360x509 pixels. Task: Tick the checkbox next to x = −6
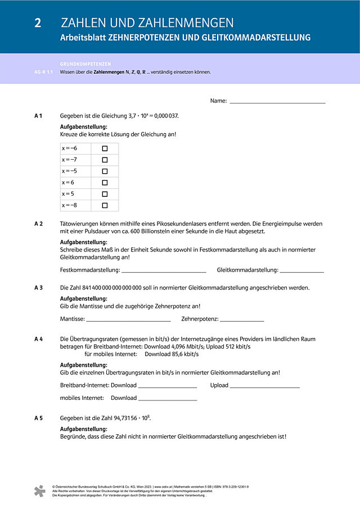click(x=105, y=148)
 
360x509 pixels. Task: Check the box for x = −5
click(x=105, y=172)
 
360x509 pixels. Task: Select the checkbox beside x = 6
click(x=105, y=183)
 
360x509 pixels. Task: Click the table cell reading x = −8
click(x=75, y=205)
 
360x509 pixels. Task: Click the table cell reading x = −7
click(x=75, y=160)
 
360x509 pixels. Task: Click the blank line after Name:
click(x=277, y=102)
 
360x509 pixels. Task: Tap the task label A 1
click(x=38, y=116)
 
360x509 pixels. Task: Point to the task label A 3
click(x=38, y=287)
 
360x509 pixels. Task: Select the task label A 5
click(x=38, y=418)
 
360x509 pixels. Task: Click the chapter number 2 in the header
click(x=37, y=23)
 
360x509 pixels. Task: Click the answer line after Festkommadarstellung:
click(x=164, y=271)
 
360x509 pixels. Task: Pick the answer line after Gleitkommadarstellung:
click(x=301, y=271)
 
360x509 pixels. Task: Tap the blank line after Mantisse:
click(x=129, y=320)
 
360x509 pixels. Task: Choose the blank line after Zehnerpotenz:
click(x=242, y=320)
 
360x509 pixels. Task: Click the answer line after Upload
click(x=264, y=386)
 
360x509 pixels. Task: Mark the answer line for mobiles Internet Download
click(x=168, y=399)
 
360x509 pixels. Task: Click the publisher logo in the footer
click(x=39, y=491)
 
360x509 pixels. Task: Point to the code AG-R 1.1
click(x=43, y=72)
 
